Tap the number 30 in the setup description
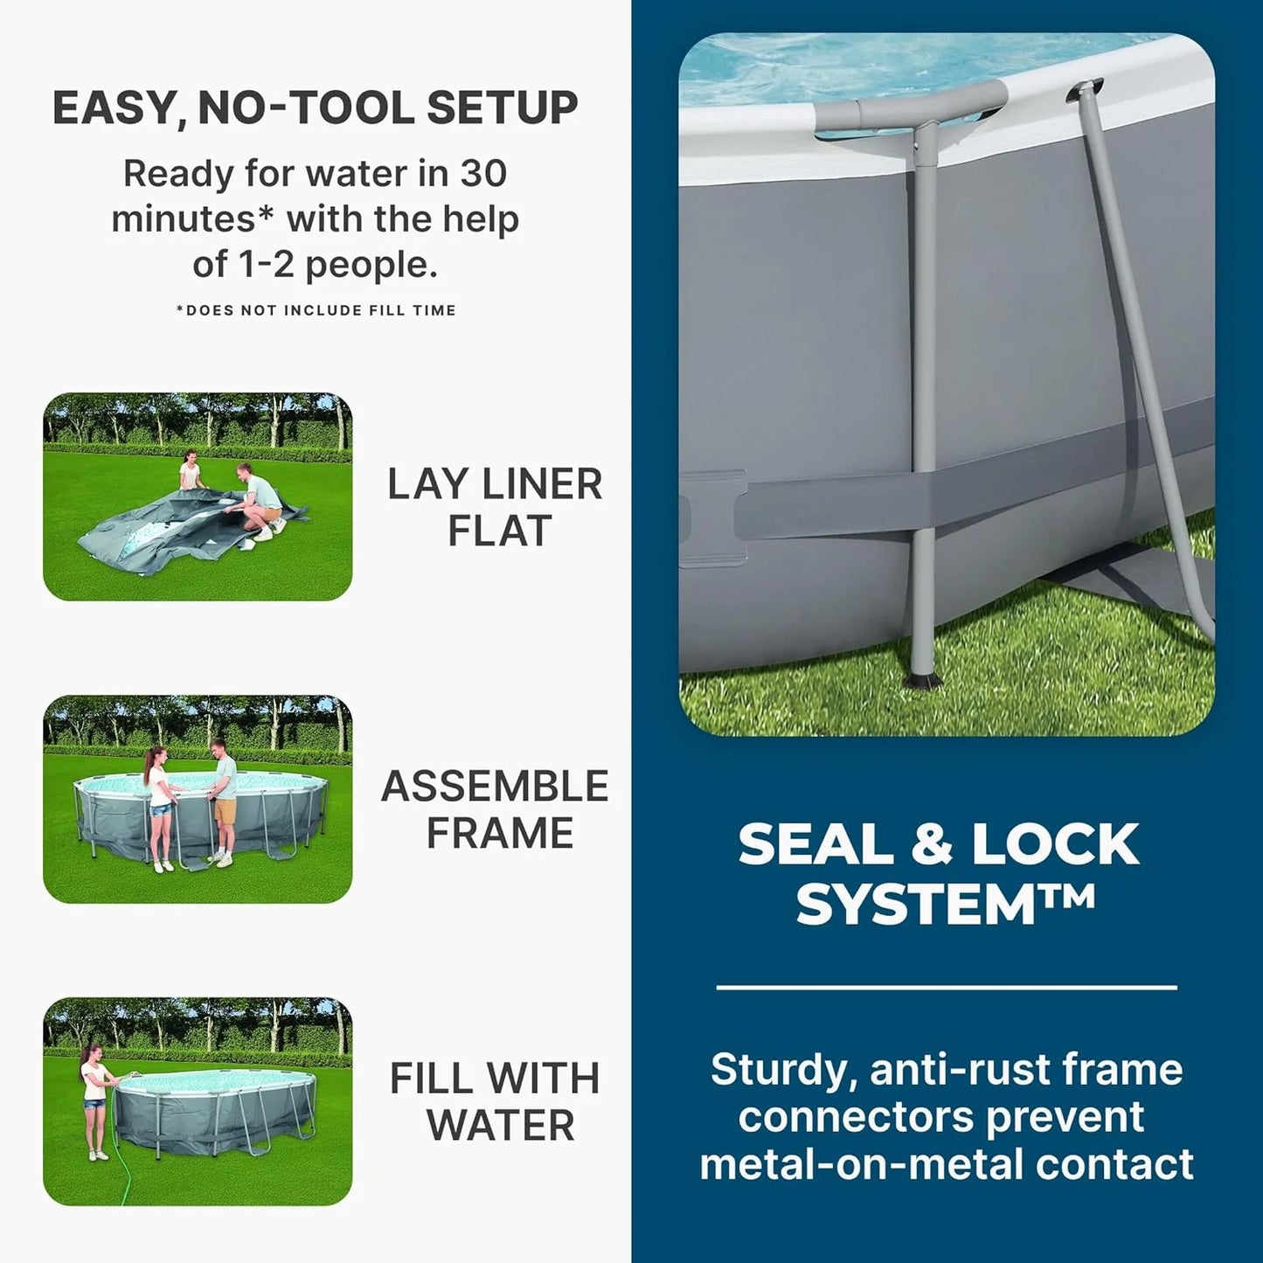pos(482,173)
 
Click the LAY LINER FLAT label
pos(496,508)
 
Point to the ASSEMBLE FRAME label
pos(496,809)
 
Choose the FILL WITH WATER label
pos(496,1101)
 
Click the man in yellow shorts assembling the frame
pos(224,800)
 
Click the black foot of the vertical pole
pos(923,680)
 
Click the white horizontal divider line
pos(947,988)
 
